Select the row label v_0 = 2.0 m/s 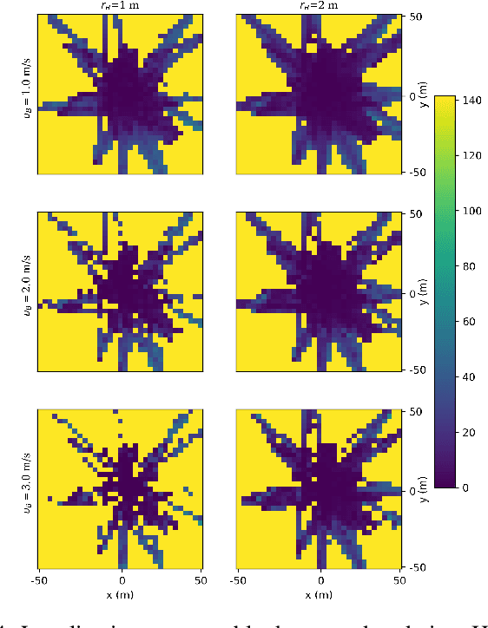coord(27,291)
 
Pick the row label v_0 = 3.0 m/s coord(27,489)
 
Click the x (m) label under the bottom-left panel coord(121,594)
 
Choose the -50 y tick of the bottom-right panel coord(417,566)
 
